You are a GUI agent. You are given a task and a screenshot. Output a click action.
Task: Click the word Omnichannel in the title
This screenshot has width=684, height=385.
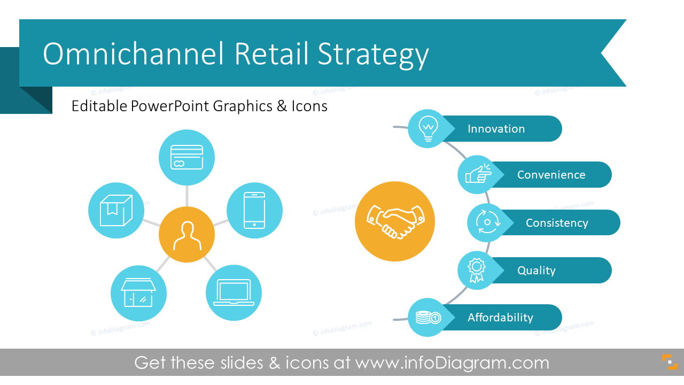[134, 54]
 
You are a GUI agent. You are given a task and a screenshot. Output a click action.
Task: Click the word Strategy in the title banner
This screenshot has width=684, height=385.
[373, 56]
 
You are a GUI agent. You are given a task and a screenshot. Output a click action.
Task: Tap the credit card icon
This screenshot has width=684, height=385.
[186, 157]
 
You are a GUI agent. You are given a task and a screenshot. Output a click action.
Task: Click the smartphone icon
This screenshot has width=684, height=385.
[254, 211]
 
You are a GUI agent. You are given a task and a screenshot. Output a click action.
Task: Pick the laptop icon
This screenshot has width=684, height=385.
[234, 292]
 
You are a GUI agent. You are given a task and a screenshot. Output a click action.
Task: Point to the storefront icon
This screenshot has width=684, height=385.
[138, 292]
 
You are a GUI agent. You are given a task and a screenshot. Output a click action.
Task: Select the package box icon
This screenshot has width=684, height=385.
[116, 210]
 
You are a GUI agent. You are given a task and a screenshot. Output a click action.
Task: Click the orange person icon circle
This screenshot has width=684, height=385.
[186, 234]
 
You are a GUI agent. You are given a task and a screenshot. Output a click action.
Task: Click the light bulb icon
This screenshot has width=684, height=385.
[428, 129]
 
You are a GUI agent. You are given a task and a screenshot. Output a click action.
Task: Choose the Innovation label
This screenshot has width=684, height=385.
[496, 129]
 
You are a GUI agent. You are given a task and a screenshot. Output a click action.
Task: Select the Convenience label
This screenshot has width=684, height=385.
[551, 175]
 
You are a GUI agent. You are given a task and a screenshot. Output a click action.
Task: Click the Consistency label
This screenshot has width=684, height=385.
[557, 223]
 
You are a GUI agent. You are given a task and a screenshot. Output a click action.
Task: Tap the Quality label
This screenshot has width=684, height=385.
[536, 271]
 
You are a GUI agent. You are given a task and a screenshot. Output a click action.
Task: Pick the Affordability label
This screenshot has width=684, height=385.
[500, 318]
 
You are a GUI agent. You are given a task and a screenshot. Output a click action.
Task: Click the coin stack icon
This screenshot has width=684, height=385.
[428, 318]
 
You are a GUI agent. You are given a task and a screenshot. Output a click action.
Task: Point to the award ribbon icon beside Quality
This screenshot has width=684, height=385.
[476, 271]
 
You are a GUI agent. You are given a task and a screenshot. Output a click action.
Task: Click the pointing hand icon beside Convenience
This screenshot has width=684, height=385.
[478, 174]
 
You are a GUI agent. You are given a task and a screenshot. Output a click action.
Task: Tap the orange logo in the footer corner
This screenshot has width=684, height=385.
[670, 362]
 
